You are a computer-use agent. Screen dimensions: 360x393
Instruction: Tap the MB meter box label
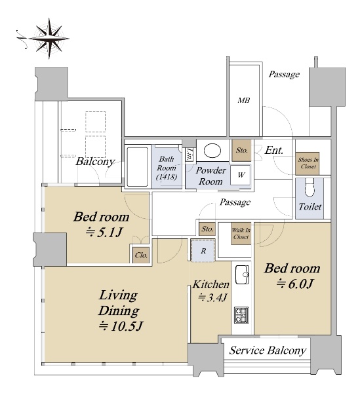click(x=243, y=100)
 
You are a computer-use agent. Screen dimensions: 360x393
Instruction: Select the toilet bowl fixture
click(x=310, y=187)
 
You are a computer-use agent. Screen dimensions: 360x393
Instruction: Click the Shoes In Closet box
click(x=308, y=163)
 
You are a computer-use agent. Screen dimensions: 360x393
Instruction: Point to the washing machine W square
click(x=241, y=175)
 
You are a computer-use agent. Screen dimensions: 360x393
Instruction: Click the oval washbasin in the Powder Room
click(x=212, y=151)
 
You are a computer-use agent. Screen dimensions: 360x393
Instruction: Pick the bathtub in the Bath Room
click(x=137, y=166)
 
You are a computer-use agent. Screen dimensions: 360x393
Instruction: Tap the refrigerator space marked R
click(x=203, y=251)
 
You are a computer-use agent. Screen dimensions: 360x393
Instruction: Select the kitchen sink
click(x=242, y=274)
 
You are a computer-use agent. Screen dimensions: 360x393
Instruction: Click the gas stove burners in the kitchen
click(x=241, y=315)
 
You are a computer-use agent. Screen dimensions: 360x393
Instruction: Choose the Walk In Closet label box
click(x=241, y=233)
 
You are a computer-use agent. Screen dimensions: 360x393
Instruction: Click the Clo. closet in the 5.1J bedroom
click(x=141, y=255)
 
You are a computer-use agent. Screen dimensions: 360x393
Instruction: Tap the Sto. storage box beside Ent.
click(x=241, y=150)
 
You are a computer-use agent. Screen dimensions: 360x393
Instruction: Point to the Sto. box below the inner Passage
click(x=207, y=229)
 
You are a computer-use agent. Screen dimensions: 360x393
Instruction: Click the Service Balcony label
click(x=268, y=350)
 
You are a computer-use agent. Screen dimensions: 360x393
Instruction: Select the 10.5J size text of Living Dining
click(x=121, y=326)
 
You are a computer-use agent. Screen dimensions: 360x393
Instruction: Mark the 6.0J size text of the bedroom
click(x=294, y=284)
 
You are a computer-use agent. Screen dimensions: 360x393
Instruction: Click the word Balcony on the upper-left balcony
click(x=95, y=162)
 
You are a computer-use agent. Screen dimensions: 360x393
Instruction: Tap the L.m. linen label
click(x=189, y=154)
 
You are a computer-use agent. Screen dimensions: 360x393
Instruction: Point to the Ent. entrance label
click(x=274, y=151)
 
